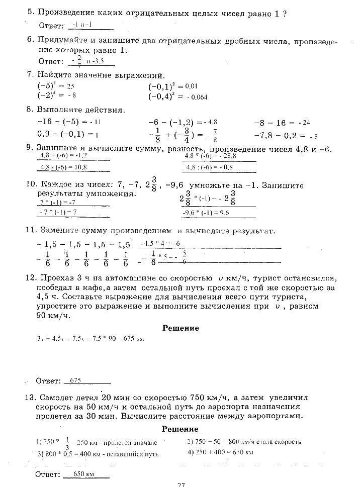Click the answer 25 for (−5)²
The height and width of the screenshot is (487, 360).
[x=71, y=86]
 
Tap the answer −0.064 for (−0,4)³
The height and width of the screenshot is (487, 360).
[x=197, y=97]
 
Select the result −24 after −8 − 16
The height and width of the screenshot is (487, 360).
[x=304, y=123]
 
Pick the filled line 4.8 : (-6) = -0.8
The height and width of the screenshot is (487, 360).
[x=210, y=167]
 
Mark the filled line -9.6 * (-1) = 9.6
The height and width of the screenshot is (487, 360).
[x=206, y=213]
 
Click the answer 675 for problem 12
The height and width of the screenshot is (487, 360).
[x=76, y=380]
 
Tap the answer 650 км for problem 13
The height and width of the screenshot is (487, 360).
[x=84, y=474]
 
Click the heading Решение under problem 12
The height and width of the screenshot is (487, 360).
[x=181, y=328]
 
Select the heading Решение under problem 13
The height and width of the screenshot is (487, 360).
[x=181, y=429]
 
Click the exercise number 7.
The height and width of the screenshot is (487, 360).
[x=30, y=75]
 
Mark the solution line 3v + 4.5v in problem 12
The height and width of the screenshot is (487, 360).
[x=91, y=339]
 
